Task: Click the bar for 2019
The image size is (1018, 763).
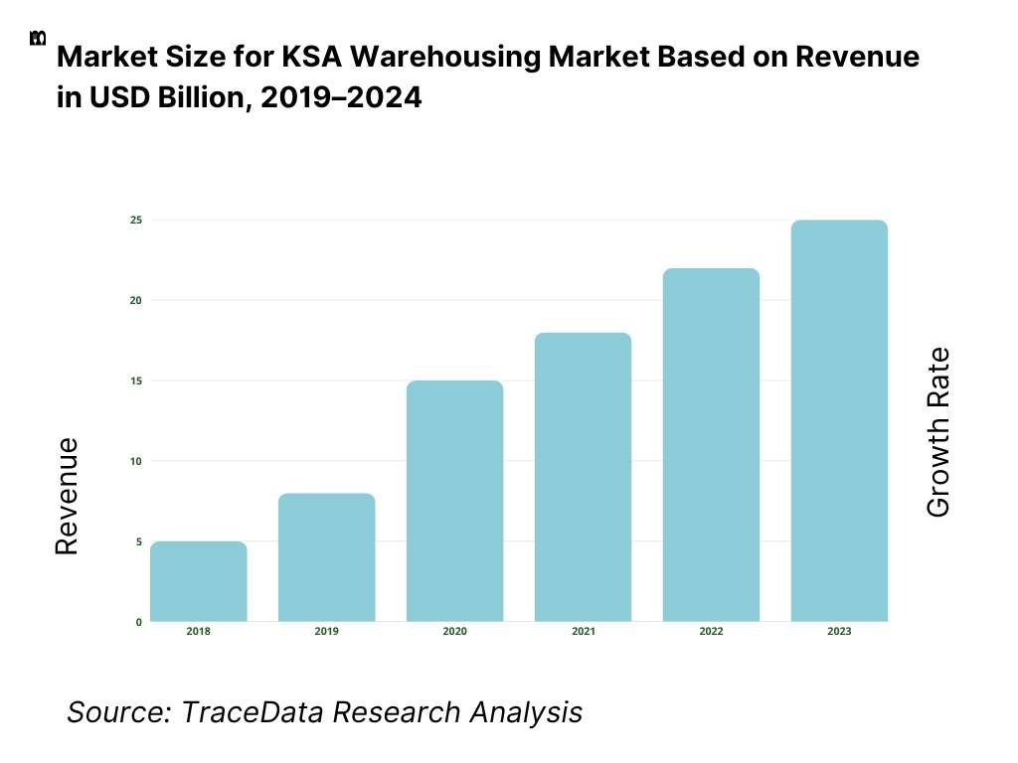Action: point(326,557)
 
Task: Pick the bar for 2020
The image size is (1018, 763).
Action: point(454,501)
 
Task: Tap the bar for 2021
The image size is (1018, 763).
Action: point(583,477)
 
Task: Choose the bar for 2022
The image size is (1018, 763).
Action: point(711,445)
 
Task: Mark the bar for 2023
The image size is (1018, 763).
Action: point(839,421)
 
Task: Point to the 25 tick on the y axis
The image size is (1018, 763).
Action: point(135,220)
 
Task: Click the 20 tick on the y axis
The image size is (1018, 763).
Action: point(135,300)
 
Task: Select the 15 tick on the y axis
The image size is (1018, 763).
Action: point(135,381)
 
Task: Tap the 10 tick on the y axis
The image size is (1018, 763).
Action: point(135,461)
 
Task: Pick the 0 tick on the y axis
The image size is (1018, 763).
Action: point(138,622)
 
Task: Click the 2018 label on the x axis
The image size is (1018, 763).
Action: point(198,632)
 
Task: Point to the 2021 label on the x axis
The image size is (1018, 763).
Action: point(583,632)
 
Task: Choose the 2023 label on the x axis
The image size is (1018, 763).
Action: point(839,632)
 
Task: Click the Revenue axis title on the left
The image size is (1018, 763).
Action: point(67,496)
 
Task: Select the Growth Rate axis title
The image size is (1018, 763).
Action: point(937,432)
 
